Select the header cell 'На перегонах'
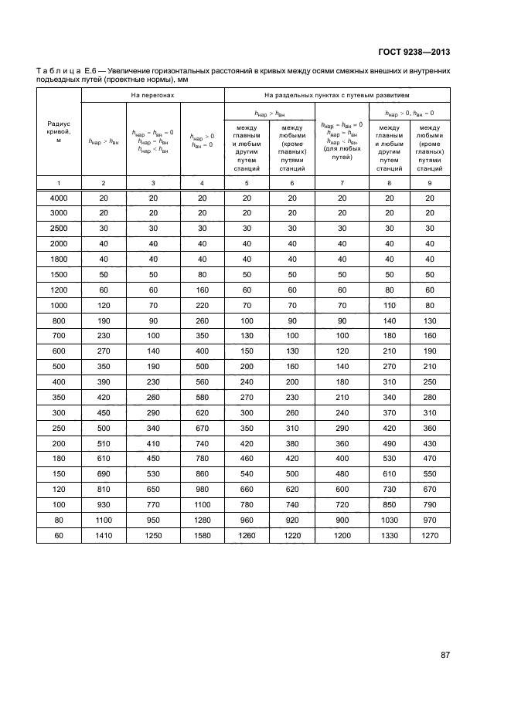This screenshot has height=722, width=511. [x=153, y=95]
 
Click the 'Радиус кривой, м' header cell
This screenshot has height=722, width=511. [x=59, y=131]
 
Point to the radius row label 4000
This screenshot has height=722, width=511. [x=59, y=198]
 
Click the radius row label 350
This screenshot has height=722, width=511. [x=59, y=398]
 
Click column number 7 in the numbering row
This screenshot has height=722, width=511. [x=336, y=182]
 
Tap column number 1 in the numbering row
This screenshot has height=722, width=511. [x=59, y=182]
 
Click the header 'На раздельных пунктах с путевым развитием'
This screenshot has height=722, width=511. [x=336, y=95]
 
